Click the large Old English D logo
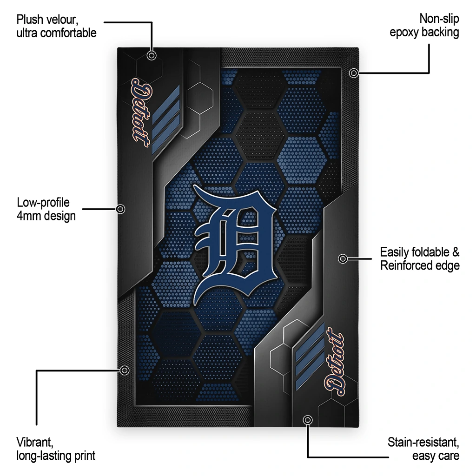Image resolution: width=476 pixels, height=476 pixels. (x=235, y=243)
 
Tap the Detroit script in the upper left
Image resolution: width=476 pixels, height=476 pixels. (x=141, y=113)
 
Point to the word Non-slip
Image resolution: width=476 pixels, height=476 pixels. (x=439, y=19)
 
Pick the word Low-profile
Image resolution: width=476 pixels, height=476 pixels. (x=43, y=203)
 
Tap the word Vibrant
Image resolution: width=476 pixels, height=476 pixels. (x=35, y=443)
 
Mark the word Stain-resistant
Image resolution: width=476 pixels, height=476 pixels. (x=423, y=443)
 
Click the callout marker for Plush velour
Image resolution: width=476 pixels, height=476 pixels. (x=152, y=56)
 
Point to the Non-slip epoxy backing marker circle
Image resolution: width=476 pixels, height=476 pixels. (x=353, y=73)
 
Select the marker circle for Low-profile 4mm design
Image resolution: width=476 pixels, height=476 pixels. (x=120, y=209)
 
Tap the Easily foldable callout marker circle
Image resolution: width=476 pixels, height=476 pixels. (x=343, y=258)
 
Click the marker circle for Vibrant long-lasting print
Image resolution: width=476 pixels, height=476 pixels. (x=124, y=370)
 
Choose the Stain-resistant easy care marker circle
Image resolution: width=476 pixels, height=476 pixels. (x=308, y=420)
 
